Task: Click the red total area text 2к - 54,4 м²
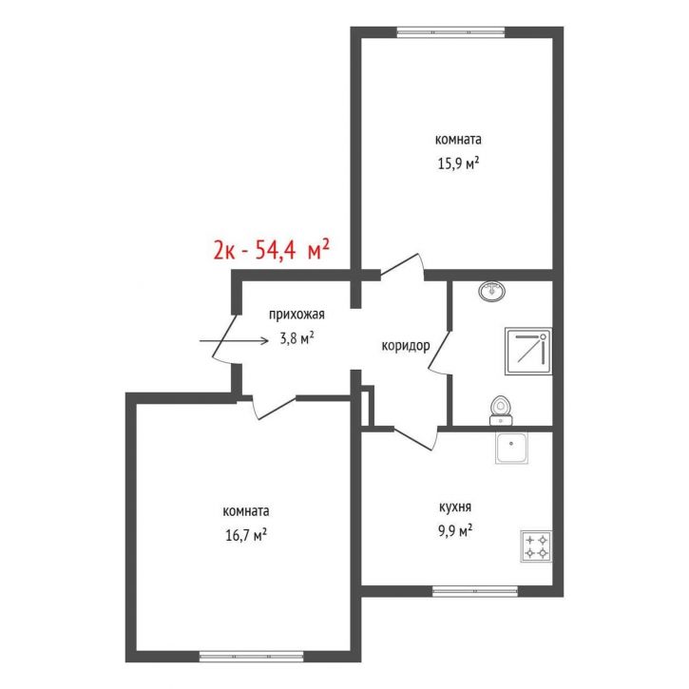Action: pyautogui.click(x=271, y=250)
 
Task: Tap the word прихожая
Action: pyautogui.click(x=297, y=315)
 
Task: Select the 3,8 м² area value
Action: pyautogui.click(x=297, y=338)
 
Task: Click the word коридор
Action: pyautogui.click(x=406, y=346)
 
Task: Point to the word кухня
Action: pyautogui.click(x=455, y=507)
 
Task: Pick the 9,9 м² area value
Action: pyautogui.click(x=455, y=531)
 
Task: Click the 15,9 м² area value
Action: pyautogui.click(x=458, y=163)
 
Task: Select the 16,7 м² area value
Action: pyautogui.click(x=246, y=535)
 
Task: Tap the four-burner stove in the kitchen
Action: pyautogui.click(x=536, y=546)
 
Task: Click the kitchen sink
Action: pyautogui.click(x=512, y=448)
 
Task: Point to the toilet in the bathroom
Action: pyautogui.click(x=501, y=411)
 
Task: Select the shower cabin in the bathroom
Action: pyautogui.click(x=528, y=351)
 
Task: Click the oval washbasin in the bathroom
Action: pyautogui.click(x=492, y=291)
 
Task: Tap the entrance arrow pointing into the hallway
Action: pyautogui.click(x=234, y=341)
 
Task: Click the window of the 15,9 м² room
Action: pyautogui.click(x=450, y=32)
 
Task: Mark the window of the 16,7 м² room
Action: pyautogui.click(x=251, y=657)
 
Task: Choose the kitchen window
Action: pyautogui.click(x=475, y=591)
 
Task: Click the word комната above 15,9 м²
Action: pyautogui.click(x=458, y=140)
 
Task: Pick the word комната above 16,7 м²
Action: pyautogui.click(x=246, y=511)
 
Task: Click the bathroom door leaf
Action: pyautogui.click(x=440, y=349)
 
